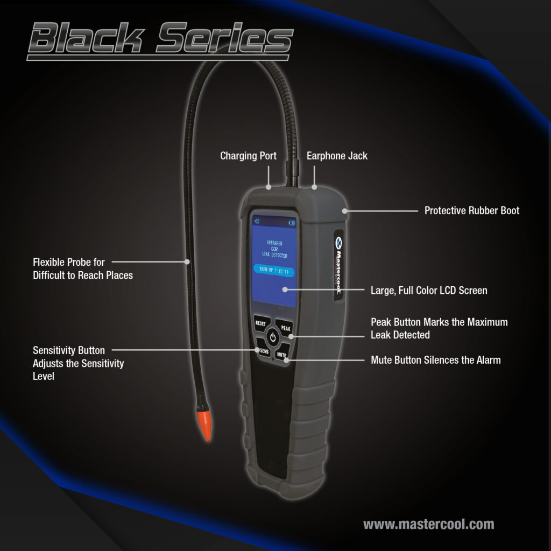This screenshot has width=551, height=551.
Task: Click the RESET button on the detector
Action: tap(260, 323)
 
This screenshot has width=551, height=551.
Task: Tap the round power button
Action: tap(273, 338)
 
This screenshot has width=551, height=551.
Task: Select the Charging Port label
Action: tap(248, 156)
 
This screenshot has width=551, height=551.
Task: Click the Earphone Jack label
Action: tap(337, 156)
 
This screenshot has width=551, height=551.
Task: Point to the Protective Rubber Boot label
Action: tap(472, 210)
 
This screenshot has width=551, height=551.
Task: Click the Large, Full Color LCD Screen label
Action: tap(429, 291)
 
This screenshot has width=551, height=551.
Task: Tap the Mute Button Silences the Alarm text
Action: tap(435, 360)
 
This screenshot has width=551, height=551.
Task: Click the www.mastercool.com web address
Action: tap(428, 524)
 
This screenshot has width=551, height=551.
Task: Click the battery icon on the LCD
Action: tap(292, 222)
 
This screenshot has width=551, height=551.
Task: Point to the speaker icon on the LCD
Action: tap(257, 221)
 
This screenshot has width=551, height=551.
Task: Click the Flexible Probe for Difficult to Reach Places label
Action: tap(83, 269)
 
